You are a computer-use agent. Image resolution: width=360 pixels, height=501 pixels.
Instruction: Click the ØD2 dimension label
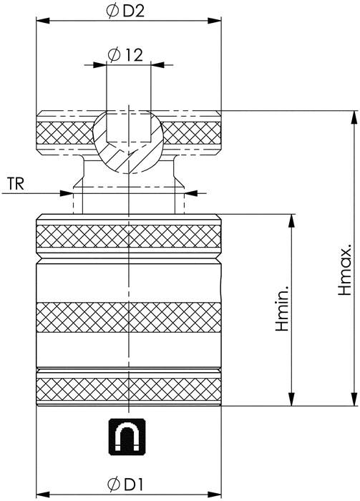coord(125,11)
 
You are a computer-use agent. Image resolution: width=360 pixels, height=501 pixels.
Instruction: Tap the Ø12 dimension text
coord(125,55)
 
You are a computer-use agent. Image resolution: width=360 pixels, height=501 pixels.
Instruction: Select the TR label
coord(16,184)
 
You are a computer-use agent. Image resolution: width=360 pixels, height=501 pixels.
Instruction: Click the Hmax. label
coord(345,270)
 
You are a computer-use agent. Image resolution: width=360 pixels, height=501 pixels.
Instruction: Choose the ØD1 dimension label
coord(125,485)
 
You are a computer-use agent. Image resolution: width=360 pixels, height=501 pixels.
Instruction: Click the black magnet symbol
coord(127,437)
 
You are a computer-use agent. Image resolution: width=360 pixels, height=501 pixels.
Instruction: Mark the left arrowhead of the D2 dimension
coord(43,21)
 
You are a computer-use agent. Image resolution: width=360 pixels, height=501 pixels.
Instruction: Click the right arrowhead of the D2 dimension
coord(214,21)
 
